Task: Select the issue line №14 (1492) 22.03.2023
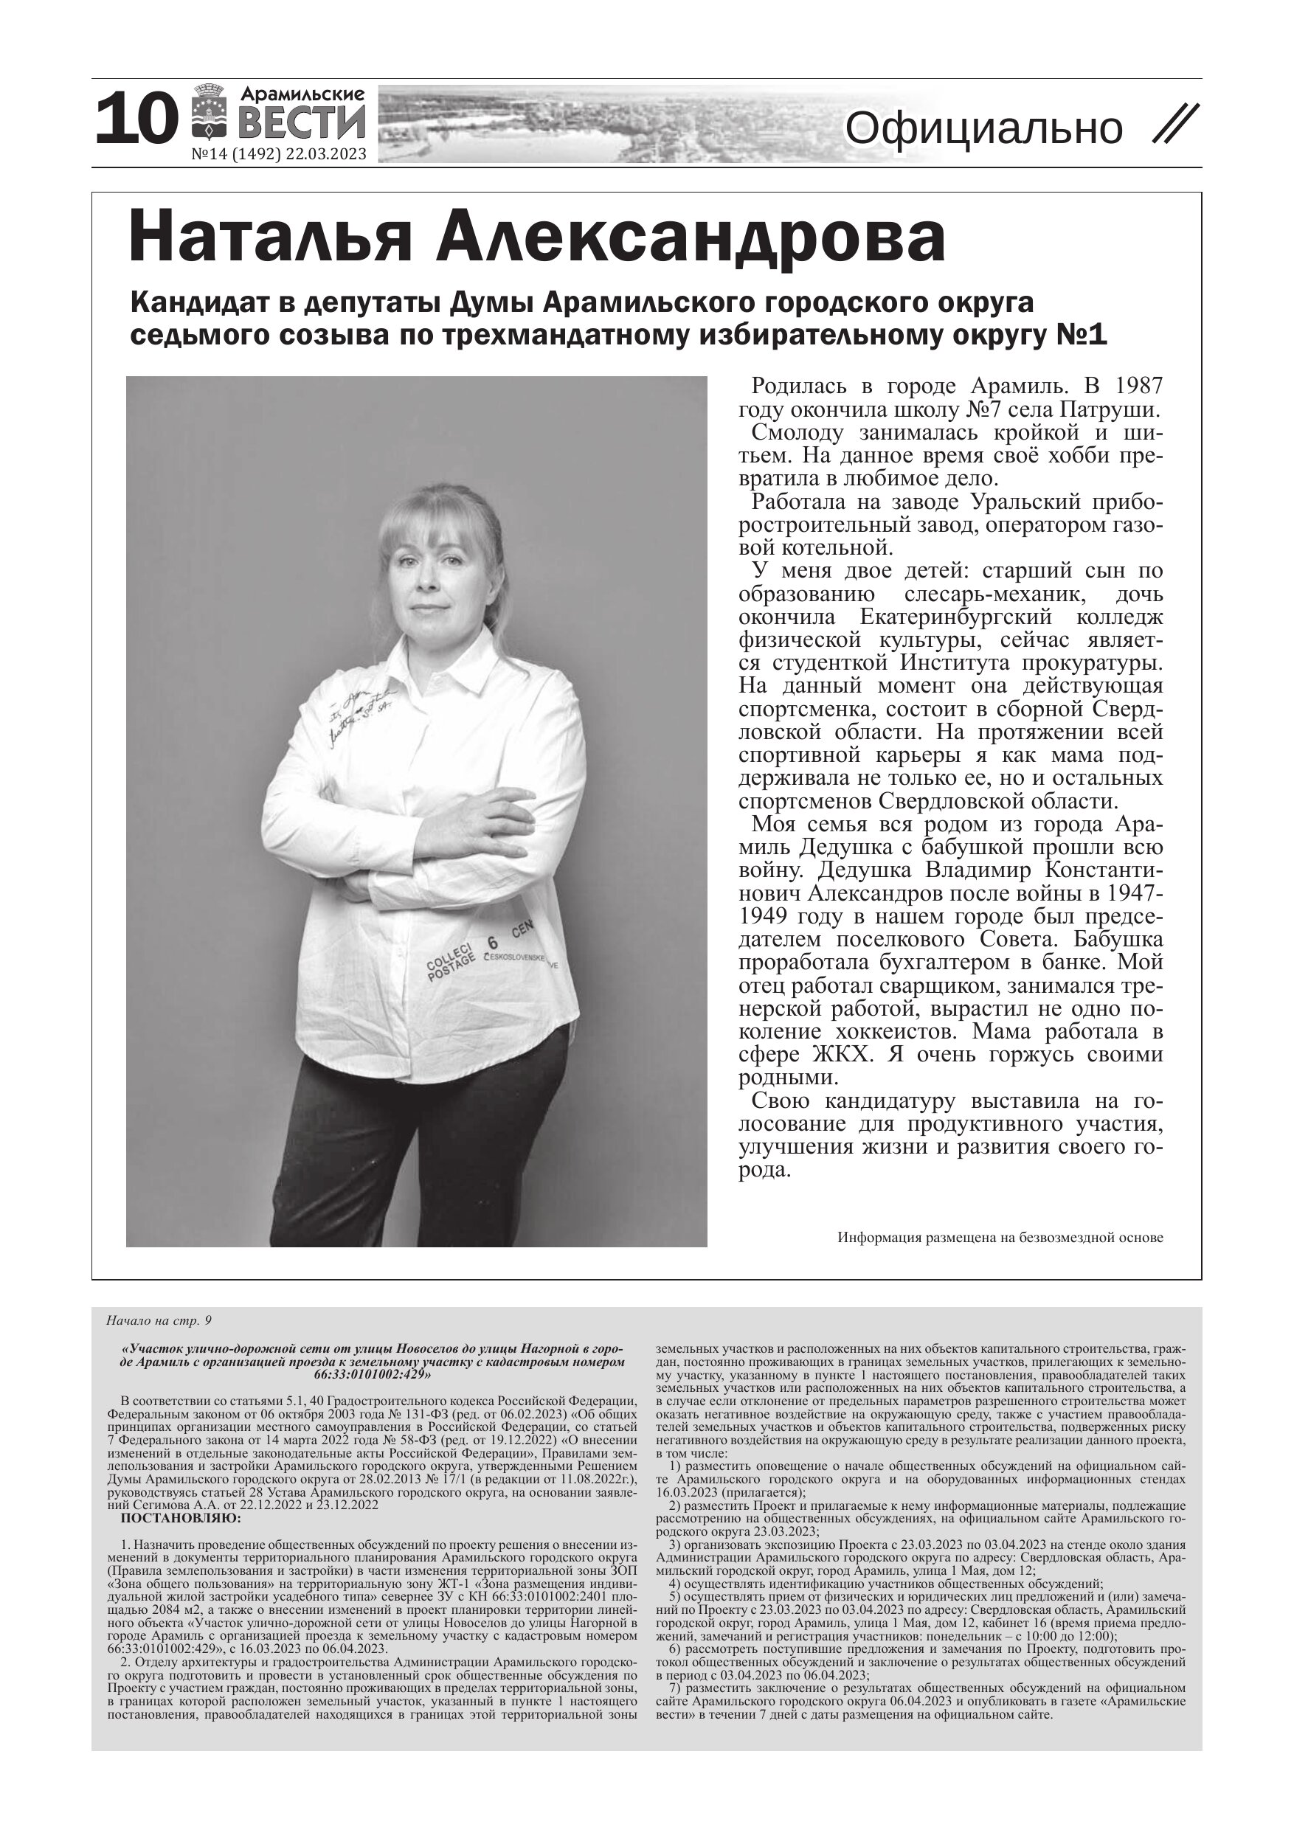(279, 154)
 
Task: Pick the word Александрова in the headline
(691, 237)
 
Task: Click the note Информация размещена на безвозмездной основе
(1000, 1238)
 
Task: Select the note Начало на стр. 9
(159, 1321)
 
